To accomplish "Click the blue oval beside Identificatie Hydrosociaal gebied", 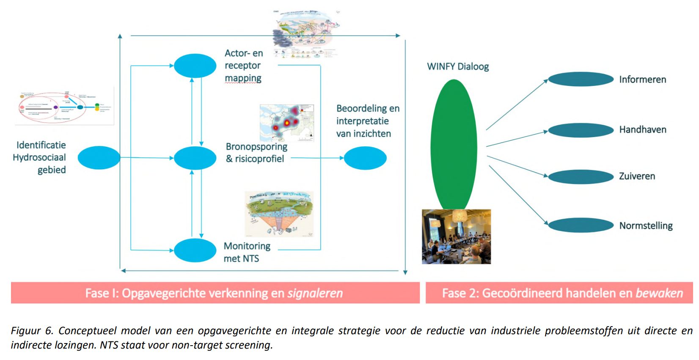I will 99,158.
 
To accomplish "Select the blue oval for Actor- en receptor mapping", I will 195,66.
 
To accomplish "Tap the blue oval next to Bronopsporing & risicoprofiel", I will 195,158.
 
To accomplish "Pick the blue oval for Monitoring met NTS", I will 195,250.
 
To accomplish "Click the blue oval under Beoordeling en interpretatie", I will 365,158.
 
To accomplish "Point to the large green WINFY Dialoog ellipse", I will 454,144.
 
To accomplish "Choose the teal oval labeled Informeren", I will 581,79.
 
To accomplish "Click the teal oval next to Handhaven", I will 581,130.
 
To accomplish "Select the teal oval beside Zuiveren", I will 581,177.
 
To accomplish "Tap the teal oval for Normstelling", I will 581,225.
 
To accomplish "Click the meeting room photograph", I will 456,236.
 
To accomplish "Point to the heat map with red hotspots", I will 286,123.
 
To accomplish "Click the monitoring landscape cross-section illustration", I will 279,214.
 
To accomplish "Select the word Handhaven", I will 642,129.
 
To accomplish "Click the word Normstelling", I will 646,225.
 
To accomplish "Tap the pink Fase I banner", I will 215,293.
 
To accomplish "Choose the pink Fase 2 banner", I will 559,293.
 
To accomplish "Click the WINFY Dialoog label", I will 458,66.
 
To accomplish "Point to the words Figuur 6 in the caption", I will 32,330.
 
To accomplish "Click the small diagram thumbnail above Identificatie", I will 64,107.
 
